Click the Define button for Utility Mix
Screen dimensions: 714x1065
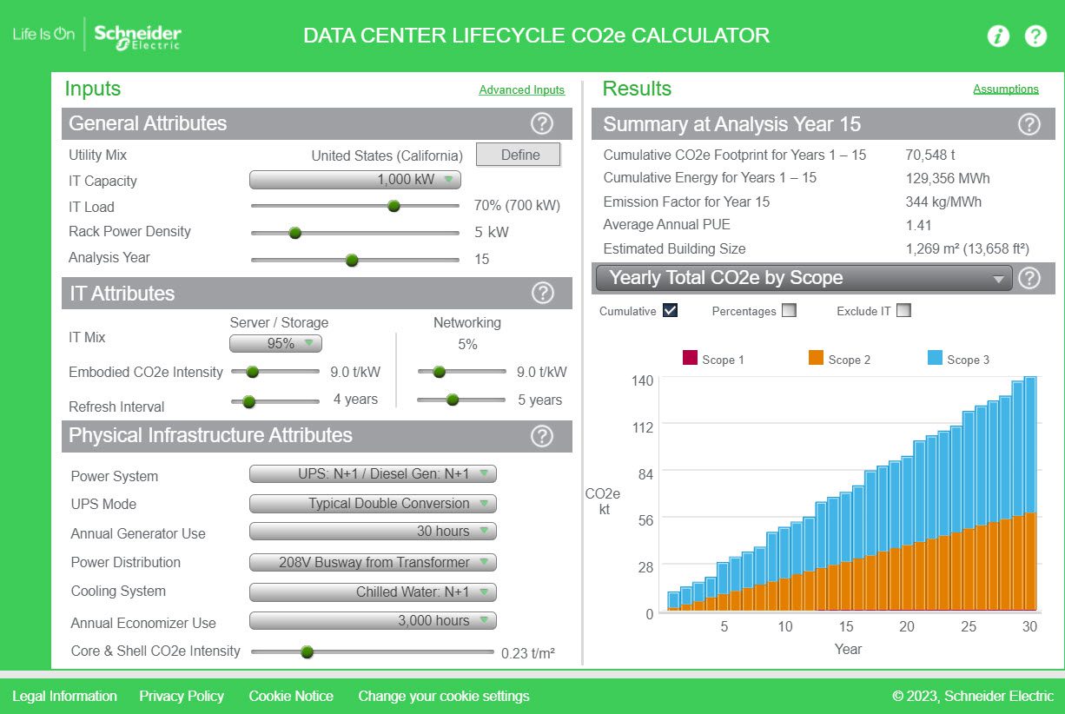[519, 155]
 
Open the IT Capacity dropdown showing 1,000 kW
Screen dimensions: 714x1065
[354, 180]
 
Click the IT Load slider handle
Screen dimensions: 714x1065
[394, 206]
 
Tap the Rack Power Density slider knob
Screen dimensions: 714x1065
[294, 232]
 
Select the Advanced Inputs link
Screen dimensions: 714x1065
[521, 89]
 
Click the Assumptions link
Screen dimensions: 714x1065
[1005, 89]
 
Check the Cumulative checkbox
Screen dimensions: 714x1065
[670, 310]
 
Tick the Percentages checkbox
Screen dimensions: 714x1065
[789, 310]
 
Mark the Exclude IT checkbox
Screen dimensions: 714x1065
[903, 310]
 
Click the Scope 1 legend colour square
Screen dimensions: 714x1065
[691, 358]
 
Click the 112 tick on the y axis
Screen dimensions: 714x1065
[643, 426]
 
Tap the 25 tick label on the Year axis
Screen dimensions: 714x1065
[969, 626]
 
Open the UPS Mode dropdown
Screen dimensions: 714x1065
[373, 504]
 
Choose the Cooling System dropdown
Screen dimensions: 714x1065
[373, 592]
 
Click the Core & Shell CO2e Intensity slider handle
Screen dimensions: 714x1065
[307, 651]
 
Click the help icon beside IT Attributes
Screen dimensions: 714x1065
[542, 294]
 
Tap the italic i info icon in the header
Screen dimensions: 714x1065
[998, 36]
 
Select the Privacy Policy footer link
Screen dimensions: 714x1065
[182, 696]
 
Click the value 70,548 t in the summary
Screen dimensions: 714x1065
[930, 155]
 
